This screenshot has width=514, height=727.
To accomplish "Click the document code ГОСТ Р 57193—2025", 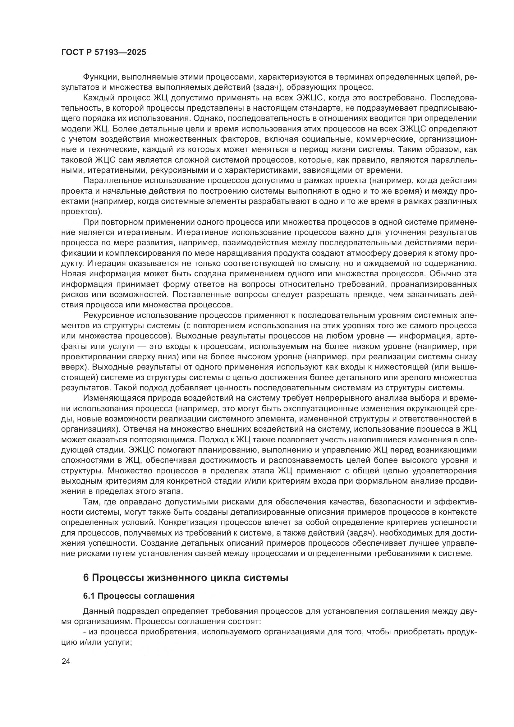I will click(103, 53).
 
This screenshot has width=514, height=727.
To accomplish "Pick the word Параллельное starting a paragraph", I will click(112, 181).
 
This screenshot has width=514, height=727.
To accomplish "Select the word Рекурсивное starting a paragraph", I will click(112, 315).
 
